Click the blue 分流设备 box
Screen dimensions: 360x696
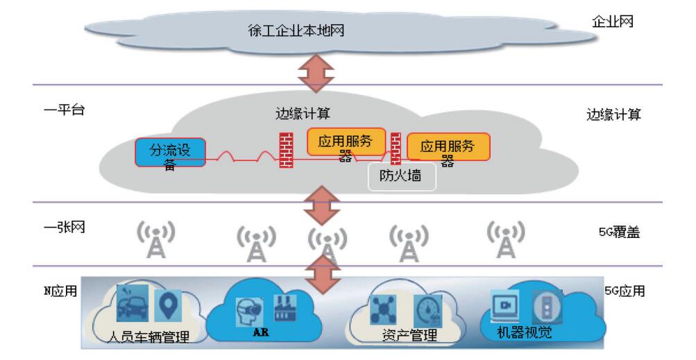click(x=170, y=153)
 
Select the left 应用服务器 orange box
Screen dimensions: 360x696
click(x=346, y=143)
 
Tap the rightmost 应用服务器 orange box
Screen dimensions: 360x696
click(x=448, y=147)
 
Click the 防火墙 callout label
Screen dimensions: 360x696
click(x=402, y=177)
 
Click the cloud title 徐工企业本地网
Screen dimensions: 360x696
click(x=296, y=31)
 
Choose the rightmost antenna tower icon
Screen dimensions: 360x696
click(x=506, y=239)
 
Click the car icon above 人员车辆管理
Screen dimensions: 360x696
click(x=131, y=302)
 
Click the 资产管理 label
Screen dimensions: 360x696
click(x=409, y=336)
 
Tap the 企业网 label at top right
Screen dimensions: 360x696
click(x=612, y=22)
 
